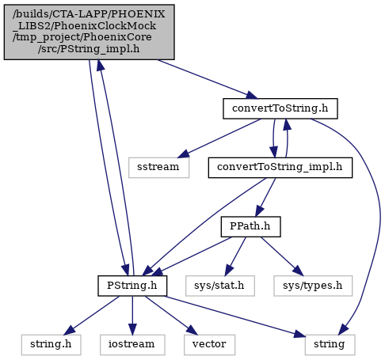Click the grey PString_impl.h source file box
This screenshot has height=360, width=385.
click(x=89, y=32)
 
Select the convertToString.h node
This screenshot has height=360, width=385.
click(x=280, y=108)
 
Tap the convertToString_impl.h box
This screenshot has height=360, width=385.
click(x=280, y=168)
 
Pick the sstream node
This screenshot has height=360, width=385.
click(x=158, y=168)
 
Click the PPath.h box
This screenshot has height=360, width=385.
click(x=250, y=227)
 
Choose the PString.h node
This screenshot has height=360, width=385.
click(x=132, y=286)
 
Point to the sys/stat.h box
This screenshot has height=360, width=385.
click(x=220, y=286)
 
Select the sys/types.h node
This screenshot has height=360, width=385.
click(x=313, y=286)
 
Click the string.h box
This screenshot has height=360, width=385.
click(x=51, y=345)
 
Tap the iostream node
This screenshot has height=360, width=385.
click(x=132, y=345)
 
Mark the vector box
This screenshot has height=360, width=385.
click(x=209, y=345)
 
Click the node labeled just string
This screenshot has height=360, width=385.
click(x=330, y=345)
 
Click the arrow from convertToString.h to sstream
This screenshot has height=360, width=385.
click(x=219, y=138)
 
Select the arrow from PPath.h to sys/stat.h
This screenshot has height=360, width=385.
click(x=235, y=256)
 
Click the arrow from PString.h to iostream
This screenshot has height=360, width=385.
click(x=132, y=316)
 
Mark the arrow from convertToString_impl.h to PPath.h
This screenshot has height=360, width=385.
click(x=265, y=197)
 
